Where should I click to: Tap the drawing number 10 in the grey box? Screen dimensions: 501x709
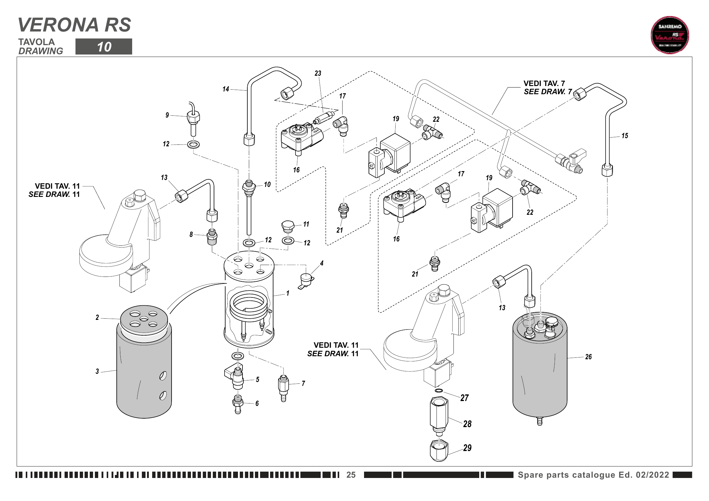pyautogui.click(x=104, y=47)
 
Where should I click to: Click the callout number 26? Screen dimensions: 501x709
pyautogui.click(x=588, y=357)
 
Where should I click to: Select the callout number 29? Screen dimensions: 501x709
pyautogui.click(x=467, y=448)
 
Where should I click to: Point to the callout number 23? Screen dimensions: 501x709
pyautogui.click(x=318, y=73)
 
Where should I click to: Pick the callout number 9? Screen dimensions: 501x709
pyautogui.click(x=167, y=115)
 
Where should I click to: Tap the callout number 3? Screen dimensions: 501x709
pyautogui.click(x=97, y=371)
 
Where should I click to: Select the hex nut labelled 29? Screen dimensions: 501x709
pyautogui.click(x=439, y=450)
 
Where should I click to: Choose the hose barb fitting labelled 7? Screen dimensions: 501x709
pyautogui.click(x=283, y=387)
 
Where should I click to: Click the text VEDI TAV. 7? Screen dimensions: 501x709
pyautogui.click(x=544, y=84)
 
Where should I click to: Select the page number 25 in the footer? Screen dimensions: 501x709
pyautogui.click(x=351, y=475)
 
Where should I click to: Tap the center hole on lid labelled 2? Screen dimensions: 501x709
pyautogui.click(x=144, y=319)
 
